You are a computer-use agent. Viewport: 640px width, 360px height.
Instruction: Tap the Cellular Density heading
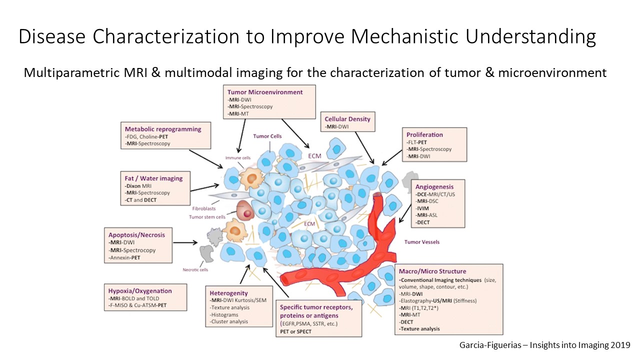[x=347, y=119]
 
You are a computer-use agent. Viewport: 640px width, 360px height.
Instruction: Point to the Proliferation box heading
[x=424, y=134]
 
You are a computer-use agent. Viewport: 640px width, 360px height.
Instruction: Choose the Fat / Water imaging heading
[x=153, y=178]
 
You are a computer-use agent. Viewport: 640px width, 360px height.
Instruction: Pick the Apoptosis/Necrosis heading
[x=136, y=234]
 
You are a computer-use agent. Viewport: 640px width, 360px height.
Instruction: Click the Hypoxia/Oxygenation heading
[x=140, y=291]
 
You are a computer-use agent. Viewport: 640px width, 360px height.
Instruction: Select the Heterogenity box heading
[x=228, y=292]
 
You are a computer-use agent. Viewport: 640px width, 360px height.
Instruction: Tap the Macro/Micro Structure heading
[x=432, y=271]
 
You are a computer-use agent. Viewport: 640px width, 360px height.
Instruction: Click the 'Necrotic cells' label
[x=195, y=270]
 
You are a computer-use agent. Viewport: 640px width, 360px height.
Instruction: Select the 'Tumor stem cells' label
[x=206, y=217]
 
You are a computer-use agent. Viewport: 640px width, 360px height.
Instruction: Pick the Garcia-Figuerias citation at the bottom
[x=544, y=345]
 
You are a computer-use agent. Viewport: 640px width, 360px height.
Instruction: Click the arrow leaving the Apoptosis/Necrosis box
[x=186, y=243]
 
